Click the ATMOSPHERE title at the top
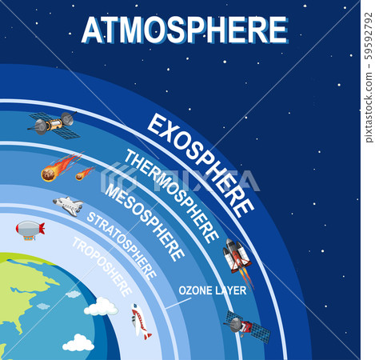coord(185,30)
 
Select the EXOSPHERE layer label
coord(201,164)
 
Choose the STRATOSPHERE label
coord(122,245)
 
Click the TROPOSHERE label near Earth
coord(102,266)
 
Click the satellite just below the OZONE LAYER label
coord(245,325)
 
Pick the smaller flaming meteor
coord(84,173)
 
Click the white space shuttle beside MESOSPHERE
coord(69,206)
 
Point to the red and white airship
coord(30,230)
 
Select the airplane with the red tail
coord(141,321)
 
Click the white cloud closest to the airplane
coord(102,306)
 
